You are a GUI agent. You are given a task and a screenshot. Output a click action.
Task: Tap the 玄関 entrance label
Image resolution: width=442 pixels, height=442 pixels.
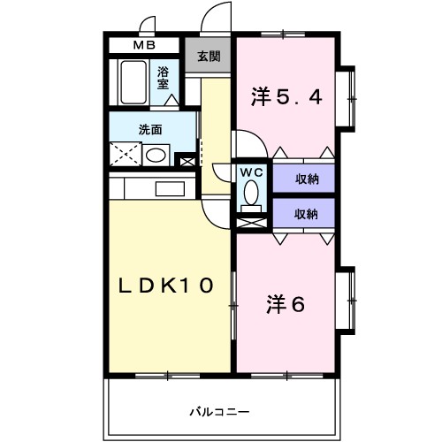pyautogui.click(x=210, y=57)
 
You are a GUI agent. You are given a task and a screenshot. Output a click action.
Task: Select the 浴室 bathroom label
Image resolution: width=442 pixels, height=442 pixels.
pyautogui.click(x=164, y=78)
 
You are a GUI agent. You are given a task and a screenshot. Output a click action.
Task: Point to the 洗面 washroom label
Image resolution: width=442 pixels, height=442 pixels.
pyautogui.click(x=150, y=129)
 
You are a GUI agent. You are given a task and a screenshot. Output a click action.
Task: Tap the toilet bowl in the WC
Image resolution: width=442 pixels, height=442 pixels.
pyautogui.click(x=250, y=194)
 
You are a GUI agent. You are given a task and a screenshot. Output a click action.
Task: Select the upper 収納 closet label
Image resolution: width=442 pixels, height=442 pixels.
pyautogui.click(x=307, y=179)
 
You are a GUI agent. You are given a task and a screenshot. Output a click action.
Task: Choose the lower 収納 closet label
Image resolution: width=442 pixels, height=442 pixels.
pyautogui.click(x=307, y=213)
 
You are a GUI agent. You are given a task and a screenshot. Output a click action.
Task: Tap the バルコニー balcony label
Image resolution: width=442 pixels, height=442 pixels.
pyautogui.click(x=220, y=411)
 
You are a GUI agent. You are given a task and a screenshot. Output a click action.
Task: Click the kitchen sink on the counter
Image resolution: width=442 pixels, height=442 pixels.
pyautogui.click(x=167, y=187)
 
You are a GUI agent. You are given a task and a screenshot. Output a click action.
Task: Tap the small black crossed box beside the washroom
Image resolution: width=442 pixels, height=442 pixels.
pyautogui.click(x=186, y=162)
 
